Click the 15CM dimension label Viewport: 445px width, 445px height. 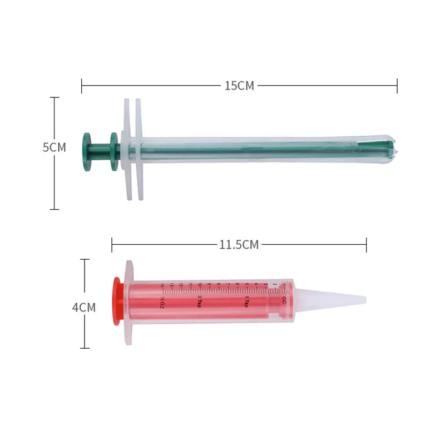tap(239, 86)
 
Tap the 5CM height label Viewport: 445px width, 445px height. tap(54, 147)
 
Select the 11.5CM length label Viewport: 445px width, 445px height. tap(239, 245)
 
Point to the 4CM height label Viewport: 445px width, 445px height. tap(84, 308)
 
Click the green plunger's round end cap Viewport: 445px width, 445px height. tap(87, 152)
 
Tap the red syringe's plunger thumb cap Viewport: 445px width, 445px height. tap(117, 301)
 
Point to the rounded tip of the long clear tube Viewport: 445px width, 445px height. tap(394, 149)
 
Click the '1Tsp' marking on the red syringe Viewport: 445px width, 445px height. tap(245, 302)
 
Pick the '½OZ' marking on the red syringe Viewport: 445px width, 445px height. tap(162, 303)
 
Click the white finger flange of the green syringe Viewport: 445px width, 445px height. tap(132, 149)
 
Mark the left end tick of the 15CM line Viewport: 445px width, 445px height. tap(82, 86)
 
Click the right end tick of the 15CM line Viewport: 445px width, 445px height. tap(397, 86)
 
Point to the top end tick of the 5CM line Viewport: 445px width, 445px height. tap(55, 97)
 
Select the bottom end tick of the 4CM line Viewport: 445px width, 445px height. tap(85, 348)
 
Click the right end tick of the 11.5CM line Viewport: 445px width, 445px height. tap(366, 245)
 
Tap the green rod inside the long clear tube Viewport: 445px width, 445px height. tap(250, 149)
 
